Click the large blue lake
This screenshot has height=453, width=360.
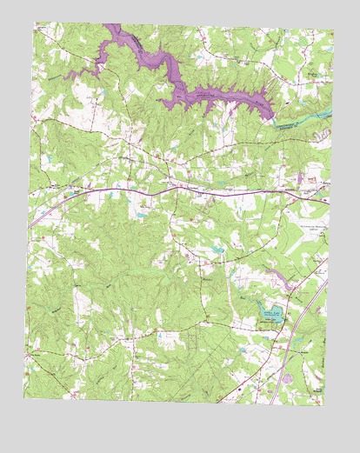(270, 312)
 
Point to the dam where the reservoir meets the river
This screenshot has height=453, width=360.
(274, 115)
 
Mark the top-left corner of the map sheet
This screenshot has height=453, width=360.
(37, 24)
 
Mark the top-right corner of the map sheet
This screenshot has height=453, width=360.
(336, 33)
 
